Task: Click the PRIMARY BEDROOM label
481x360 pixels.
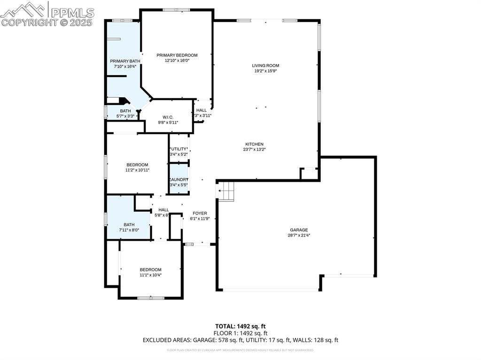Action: (177, 55)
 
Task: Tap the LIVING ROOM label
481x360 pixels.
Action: (265, 66)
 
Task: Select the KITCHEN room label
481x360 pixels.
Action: (254, 144)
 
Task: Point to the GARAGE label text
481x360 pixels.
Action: (298, 230)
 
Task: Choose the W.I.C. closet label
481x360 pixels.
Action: (169, 117)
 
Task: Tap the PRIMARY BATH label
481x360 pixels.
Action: (125, 61)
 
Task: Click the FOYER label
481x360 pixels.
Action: (198, 213)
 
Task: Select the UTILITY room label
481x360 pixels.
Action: (179, 149)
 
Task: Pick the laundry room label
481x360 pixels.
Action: (179, 180)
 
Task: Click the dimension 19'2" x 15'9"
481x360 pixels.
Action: (265, 71)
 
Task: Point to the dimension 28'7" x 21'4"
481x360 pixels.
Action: (298, 236)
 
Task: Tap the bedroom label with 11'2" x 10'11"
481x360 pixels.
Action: (137, 165)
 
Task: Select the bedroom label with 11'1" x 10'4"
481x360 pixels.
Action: (151, 269)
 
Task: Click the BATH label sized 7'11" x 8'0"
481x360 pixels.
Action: (129, 224)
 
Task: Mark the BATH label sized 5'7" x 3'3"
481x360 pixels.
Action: (125, 111)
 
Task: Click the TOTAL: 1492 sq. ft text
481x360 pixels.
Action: (240, 326)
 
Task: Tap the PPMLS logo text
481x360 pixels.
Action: (71, 12)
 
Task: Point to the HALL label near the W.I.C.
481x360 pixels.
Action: (202, 110)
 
